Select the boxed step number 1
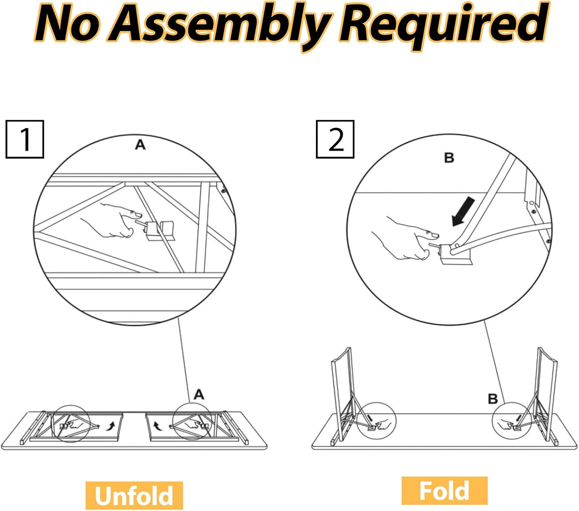[25, 139]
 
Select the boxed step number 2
[335, 139]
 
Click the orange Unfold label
[134, 495]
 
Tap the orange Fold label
[444, 491]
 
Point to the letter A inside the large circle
[140, 145]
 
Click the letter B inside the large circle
[449, 158]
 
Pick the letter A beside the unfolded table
[199, 395]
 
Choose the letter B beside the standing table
[493, 399]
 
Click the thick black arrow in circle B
[463, 212]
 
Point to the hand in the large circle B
[406, 239]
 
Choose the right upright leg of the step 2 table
[547, 395]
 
